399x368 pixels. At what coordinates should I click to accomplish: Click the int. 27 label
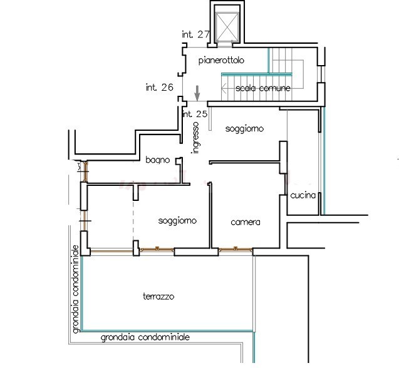pyautogui.click(x=195, y=34)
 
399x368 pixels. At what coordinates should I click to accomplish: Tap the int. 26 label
pyautogui.click(x=158, y=87)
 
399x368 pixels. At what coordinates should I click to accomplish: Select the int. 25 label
pyautogui.click(x=194, y=114)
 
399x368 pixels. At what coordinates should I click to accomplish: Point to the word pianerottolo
pyautogui.click(x=220, y=61)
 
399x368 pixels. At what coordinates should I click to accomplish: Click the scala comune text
pyautogui.click(x=263, y=89)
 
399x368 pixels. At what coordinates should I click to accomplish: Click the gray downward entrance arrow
pyautogui.click(x=197, y=93)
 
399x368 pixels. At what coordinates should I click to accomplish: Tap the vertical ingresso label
pyautogui.click(x=196, y=137)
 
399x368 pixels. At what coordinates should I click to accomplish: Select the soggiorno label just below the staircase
pyautogui.click(x=244, y=128)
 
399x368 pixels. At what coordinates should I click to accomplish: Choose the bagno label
pyautogui.click(x=157, y=160)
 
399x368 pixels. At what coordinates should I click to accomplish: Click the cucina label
pyautogui.click(x=303, y=196)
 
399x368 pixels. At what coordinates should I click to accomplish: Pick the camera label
pyautogui.click(x=245, y=222)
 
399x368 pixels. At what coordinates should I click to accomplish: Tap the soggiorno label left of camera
pyautogui.click(x=178, y=221)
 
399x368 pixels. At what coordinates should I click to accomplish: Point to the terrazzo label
pyautogui.click(x=158, y=296)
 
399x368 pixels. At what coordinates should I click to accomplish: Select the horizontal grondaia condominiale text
pyautogui.click(x=145, y=337)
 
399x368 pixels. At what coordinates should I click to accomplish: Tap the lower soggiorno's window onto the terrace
pyautogui.click(x=156, y=250)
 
